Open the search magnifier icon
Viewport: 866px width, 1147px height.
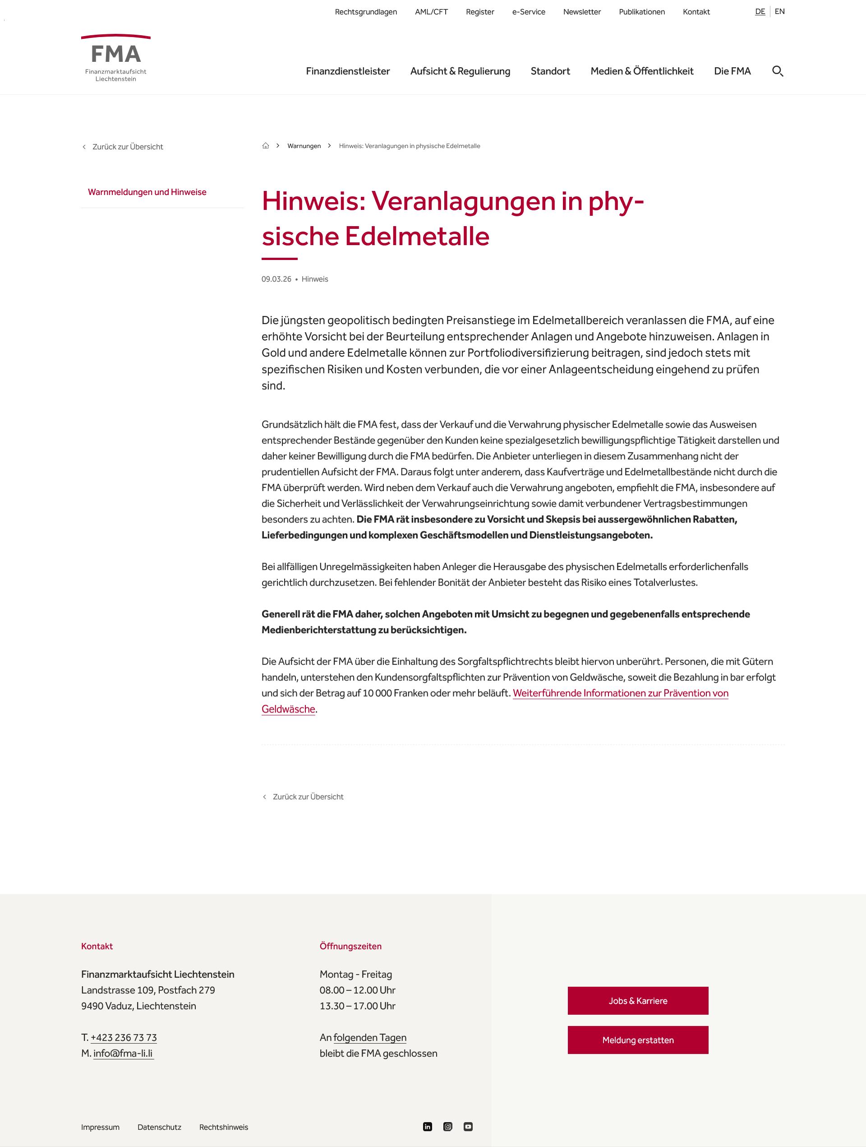click(x=778, y=71)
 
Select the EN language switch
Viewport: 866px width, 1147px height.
click(x=779, y=11)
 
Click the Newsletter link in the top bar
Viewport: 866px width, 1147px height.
click(x=581, y=12)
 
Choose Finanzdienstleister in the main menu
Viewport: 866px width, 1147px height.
click(x=347, y=71)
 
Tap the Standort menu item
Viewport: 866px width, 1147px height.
click(x=550, y=71)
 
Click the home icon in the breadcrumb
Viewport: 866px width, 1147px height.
click(x=265, y=146)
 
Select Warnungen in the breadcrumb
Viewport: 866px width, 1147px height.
click(x=304, y=146)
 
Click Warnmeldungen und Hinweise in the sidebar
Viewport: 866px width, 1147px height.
click(x=147, y=192)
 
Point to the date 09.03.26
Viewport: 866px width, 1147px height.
click(x=276, y=279)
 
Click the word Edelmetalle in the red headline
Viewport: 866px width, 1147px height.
click(x=417, y=237)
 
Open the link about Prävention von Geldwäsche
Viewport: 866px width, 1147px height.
click(x=620, y=693)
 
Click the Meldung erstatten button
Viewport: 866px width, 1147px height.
click(x=637, y=1040)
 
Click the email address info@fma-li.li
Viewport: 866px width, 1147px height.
click(x=123, y=1053)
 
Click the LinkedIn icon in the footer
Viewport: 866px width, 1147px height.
click(x=427, y=1127)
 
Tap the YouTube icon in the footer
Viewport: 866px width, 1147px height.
click(x=468, y=1127)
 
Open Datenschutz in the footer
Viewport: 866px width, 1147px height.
click(x=159, y=1127)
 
